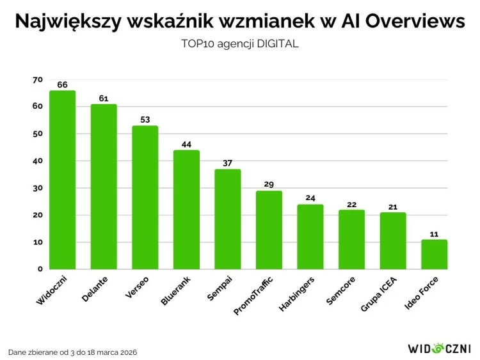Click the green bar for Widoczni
click(62, 180)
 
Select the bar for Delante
click(104, 187)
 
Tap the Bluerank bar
click(186, 210)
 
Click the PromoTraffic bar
click(269, 230)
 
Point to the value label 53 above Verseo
click(145, 120)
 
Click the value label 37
click(228, 163)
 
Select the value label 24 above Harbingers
click(310, 198)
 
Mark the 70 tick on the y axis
click(37, 80)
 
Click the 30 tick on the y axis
click(37, 188)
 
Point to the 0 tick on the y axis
click(40, 269)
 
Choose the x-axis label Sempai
click(220, 289)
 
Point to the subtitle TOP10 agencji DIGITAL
click(240, 45)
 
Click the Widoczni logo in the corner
click(439, 348)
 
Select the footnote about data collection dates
click(72, 352)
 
